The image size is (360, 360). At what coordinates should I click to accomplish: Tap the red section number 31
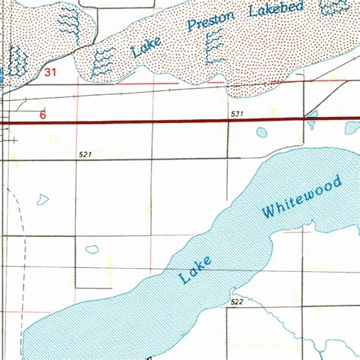coord(51,73)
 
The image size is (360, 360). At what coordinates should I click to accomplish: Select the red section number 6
coord(43,115)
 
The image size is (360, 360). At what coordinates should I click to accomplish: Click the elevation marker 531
coord(237,114)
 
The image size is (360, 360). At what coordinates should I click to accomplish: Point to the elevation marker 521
coord(84,154)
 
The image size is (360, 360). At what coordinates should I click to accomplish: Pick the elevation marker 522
coord(237,302)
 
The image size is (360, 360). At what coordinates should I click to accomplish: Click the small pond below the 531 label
coord(262,133)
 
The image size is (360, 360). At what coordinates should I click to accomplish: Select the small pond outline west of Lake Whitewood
coord(92,249)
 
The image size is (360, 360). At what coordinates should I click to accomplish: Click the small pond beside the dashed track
coord(40,201)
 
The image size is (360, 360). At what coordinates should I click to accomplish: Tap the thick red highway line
coord(152,122)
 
